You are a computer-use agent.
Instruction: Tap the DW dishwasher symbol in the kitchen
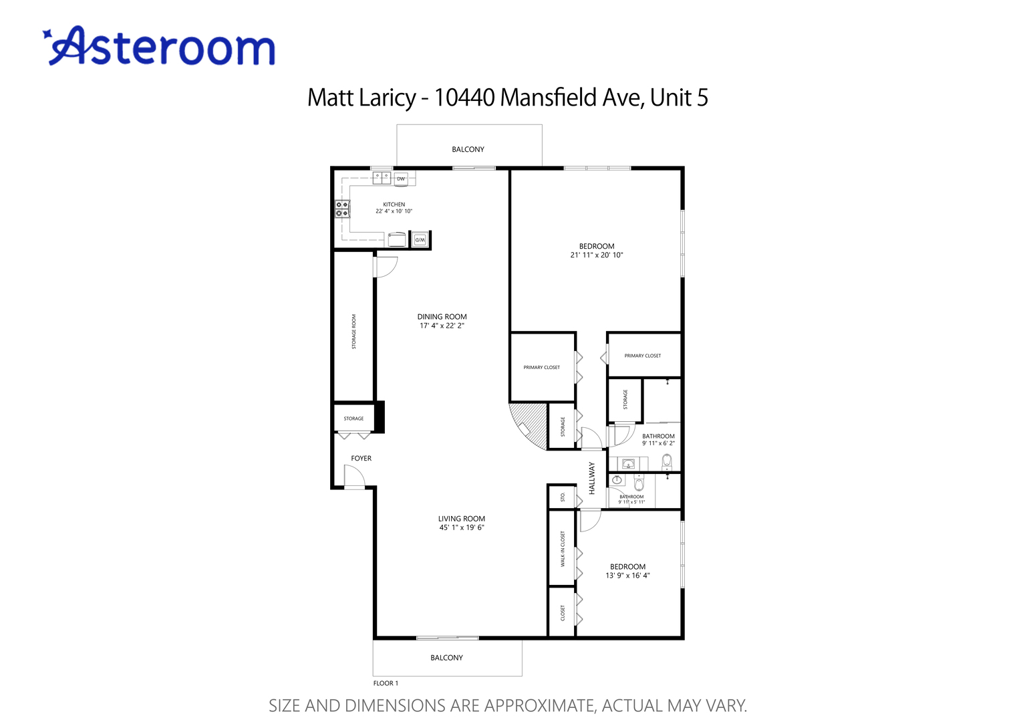click(x=401, y=178)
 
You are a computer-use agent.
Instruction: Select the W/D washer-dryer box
click(x=420, y=239)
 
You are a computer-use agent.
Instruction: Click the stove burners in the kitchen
click(x=342, y=209)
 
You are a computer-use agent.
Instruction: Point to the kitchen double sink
click(x=382, y=178)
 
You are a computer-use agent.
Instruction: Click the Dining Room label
click(x=442, y=317)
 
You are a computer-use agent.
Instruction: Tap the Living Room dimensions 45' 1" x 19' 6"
click(x=462, y=527)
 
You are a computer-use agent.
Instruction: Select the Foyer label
click(x=361, y=459)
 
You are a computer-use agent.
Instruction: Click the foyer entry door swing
click(x=353, y=476)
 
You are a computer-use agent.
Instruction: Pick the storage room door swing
click(x=386, y=266)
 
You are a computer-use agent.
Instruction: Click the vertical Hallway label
click(x=592, y=478)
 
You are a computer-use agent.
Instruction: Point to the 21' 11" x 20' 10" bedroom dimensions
click(x=597, y=255)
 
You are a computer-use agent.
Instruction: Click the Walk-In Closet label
click(x=563, y=549)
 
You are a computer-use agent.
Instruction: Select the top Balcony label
click(x=468, y=150)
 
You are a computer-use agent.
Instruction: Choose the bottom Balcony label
click(x=446, y=658)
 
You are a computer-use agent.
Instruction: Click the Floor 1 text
click(x=386, y=683)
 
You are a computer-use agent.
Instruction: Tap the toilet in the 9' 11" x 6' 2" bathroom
click(x=666, y=461)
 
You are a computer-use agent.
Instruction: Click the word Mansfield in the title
click(x=549, y=98)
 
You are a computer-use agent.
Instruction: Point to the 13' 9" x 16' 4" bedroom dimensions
click(x=627, y=576)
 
